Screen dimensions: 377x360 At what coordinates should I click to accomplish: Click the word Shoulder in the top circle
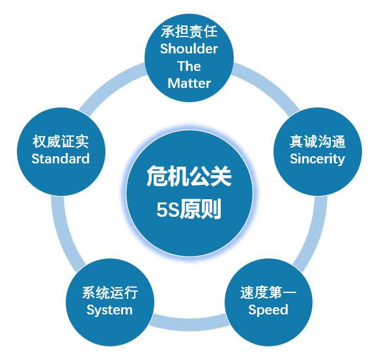(189, 49)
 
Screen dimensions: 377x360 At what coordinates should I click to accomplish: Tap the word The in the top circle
(189, 66)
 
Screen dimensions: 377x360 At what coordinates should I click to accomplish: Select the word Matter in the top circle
(189, 83)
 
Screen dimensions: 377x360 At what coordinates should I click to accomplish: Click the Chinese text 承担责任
(189, 31)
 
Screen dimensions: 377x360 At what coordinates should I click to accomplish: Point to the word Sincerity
(317, 159)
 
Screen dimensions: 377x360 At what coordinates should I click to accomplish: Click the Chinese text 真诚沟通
(318, 141)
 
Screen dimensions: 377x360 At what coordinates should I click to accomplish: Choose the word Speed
(268, 310)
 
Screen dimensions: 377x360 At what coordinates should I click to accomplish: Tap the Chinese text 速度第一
(268, 292)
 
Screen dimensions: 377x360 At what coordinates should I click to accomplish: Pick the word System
(109, 310)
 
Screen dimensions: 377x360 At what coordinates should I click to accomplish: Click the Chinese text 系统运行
(110, 293)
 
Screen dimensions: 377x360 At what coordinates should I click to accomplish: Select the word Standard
(61, 159)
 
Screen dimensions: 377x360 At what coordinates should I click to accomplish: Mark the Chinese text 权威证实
(61, 141)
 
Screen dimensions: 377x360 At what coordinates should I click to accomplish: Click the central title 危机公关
(189, 176)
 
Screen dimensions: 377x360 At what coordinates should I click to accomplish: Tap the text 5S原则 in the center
(189, 208)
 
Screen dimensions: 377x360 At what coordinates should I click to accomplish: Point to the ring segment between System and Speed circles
(189, 324)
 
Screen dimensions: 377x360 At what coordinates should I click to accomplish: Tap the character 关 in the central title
(221, 176)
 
